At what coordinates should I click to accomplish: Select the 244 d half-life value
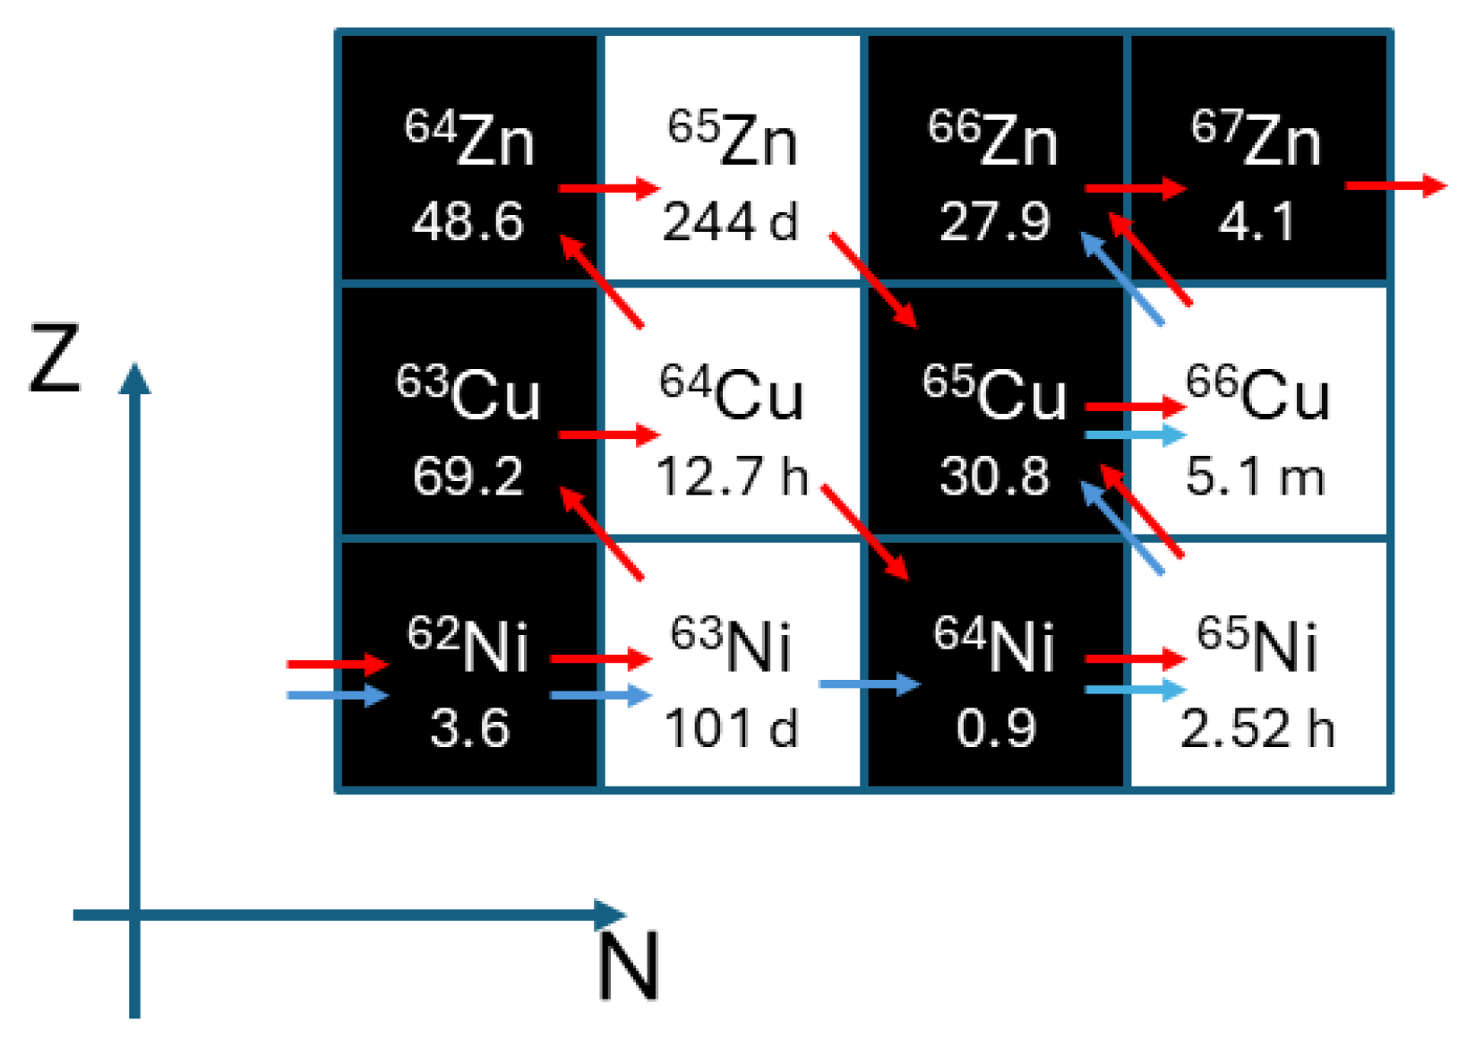(730, 221)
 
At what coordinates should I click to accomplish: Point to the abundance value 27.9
(994, 221)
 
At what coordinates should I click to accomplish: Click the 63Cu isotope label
(468, 394)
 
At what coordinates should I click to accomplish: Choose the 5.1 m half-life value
(1256, 476)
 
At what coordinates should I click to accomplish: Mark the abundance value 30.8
(994, 476)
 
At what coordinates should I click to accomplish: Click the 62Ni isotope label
(468, 645)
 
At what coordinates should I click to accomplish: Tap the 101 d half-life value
(730, 727)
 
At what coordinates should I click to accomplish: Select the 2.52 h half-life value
(1257, 727)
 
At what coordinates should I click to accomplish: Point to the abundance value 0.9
(994, 727)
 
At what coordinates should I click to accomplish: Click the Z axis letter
(56, 360)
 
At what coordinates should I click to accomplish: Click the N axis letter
(629, 966)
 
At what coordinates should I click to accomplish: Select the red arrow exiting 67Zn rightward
(1395, 185)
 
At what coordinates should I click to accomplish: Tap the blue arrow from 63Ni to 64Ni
(869, 684)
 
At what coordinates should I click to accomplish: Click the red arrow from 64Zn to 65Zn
(609, 188)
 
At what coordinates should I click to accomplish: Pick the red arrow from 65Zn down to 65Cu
(873, 280)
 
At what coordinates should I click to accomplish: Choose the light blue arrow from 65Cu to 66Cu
(1135, 435)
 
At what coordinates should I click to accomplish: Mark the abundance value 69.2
(468, 476)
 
